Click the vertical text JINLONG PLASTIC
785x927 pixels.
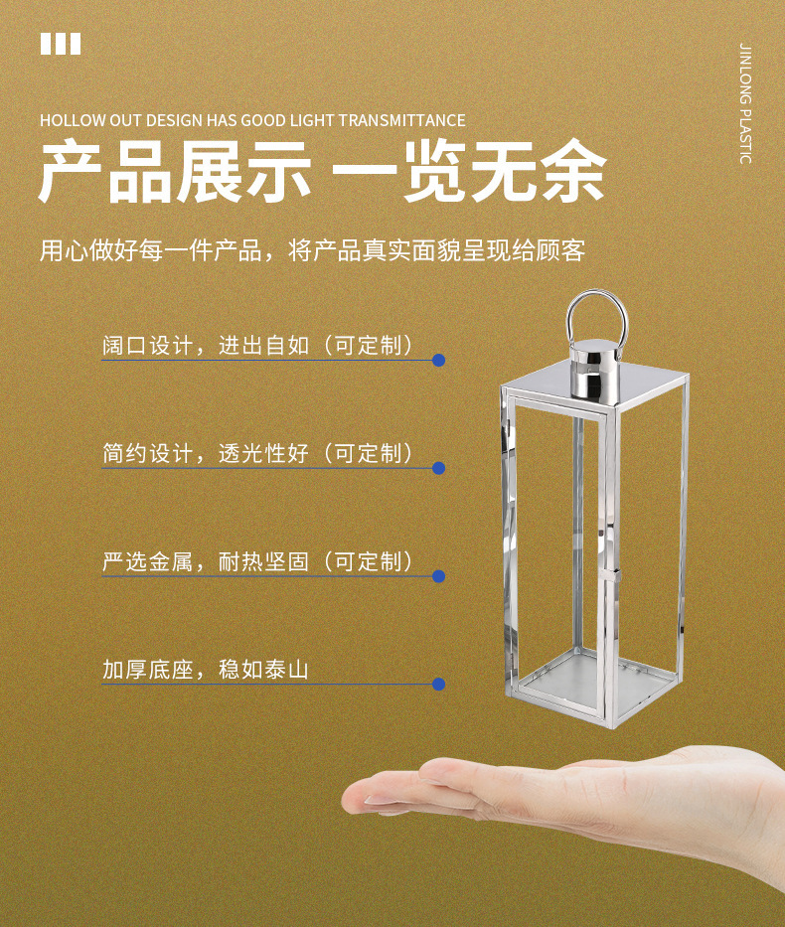[x=746, y=103]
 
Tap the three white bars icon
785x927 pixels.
[x=61, y=44]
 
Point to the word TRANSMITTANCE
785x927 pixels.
[x=402, y=120]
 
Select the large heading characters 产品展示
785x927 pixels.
[x=176, y=172]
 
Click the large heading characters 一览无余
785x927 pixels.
[x=469, y=172]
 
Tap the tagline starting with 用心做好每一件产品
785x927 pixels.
[x=313, y=250]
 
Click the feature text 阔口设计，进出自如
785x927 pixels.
[x=206, y=345]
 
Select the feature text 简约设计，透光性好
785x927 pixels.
[x=206, y=453]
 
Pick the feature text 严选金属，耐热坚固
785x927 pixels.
[x=206, y=561]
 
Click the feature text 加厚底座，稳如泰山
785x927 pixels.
[x=206, y=670]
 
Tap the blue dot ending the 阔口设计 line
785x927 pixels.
[x=438, y=360]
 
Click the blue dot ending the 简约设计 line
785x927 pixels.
[x=438, y=468]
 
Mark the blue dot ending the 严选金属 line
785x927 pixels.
[x=438, y=576]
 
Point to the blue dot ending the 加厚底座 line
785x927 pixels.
[x=438, y=685]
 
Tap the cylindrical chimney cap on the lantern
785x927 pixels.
[x=594, y=369]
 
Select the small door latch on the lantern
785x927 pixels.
[x=616, y=575]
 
